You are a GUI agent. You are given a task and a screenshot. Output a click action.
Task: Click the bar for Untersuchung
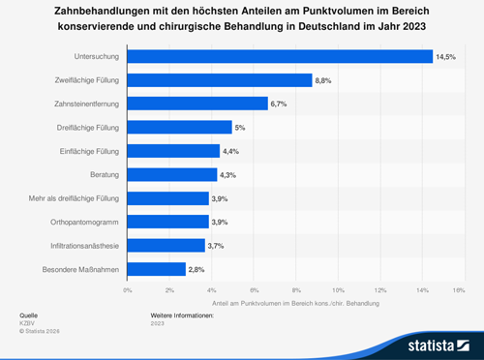coord(280,57)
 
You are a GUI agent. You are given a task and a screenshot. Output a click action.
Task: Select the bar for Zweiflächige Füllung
coord(220,80)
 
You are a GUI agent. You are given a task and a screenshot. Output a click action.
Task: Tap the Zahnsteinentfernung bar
coord(197,104)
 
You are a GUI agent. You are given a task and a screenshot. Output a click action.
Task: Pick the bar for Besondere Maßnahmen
coord(157,269)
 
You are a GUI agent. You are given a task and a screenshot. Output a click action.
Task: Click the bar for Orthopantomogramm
coord(168,222)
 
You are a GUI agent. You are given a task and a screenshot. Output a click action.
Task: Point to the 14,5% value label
coord(445,57)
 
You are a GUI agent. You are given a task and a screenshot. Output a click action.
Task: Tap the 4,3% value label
coord(230,175)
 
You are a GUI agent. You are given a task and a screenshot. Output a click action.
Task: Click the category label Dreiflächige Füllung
coord(84,128)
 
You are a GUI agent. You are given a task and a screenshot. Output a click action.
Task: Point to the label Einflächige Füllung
coord(85,151)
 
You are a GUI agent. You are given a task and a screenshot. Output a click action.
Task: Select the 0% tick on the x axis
coord(128,288)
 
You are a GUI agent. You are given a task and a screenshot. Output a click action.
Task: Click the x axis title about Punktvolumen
coord(295,304)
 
